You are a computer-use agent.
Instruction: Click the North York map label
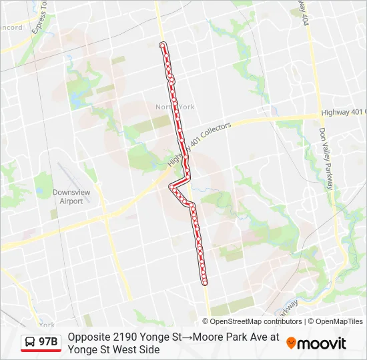point(175,107)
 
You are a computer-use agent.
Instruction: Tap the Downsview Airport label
point(67,197)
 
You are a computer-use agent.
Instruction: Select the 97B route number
point(48,343)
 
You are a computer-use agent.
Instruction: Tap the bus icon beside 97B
point(31,343)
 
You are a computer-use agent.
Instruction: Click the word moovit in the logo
point(322,343)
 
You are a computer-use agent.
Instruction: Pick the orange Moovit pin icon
point(291,343)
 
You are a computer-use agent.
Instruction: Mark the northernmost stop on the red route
point(162,45)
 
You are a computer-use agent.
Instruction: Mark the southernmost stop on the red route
point(205,283)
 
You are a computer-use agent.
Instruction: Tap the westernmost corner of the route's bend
point(170,185)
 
